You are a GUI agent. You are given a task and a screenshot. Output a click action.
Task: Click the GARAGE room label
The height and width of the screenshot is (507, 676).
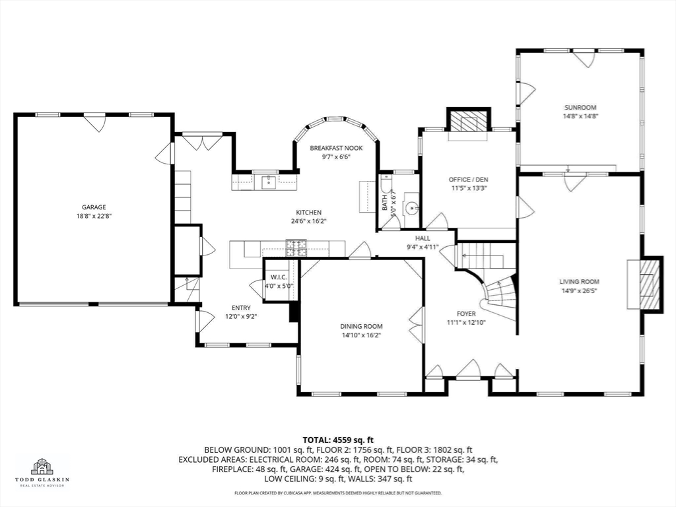pyautogui.click(x=94, y=207)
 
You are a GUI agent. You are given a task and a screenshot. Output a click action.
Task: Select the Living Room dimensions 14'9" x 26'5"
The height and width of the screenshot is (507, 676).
pyautogui.click(x=580, y=290)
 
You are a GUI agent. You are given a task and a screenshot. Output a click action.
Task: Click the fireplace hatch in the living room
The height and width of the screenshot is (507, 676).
pyautogui.click(x=650, y=283)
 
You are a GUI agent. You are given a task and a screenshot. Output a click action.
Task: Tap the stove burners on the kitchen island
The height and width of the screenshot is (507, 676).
pyautogui.click(x=296, y=248)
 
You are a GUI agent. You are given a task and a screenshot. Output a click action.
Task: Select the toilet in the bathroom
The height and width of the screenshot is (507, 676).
pyautogui.click(x=386, y=186)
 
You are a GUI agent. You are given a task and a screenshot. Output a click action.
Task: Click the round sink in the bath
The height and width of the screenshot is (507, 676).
pyautogui.click(x=413, y=209)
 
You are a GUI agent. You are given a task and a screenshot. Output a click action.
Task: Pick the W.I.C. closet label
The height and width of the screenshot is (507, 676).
pyautogui.click(x=279, y=277)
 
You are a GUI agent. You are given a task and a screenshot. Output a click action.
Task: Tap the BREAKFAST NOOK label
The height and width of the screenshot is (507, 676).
pyautogui.click(x=336, y=149)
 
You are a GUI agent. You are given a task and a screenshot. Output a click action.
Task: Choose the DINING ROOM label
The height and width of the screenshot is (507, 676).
pyautogui.click(x=361, y=326)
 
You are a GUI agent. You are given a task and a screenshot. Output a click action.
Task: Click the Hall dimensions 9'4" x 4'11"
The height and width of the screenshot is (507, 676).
pyautogui.click(x=422, y=247)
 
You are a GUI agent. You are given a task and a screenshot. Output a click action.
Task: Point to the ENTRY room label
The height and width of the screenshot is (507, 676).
pyautogui.click(x=241, y=308)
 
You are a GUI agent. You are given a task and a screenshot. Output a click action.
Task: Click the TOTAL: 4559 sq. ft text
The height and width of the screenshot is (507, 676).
pyautogui.click(x=338, y=440)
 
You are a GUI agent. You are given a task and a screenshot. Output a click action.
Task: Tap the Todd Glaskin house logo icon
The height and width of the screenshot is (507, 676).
pyautogui.click(x=42, y=466)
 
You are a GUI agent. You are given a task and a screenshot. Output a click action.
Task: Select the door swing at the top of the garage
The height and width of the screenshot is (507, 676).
pyautogui.click(x=94, y=122)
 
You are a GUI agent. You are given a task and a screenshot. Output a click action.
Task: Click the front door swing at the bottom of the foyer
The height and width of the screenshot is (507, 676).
pyautogui.click(x=469, y=368)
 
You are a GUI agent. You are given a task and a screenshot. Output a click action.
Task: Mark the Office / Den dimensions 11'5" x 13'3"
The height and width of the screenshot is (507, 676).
pyautogui.click(x=469, y=188)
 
